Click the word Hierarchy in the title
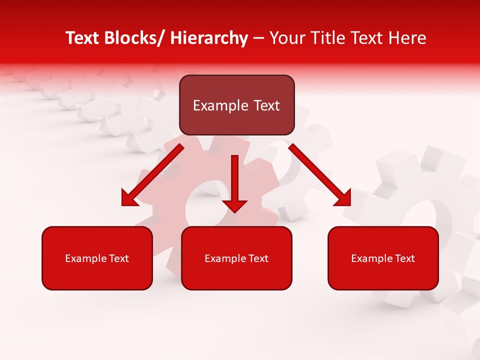[209, 38]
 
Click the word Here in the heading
[408, 38]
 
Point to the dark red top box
[236, 105]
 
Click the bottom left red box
[97, 258]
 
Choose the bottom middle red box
[236, 258]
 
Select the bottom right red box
[383, 258]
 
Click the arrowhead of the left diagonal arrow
[129, 198]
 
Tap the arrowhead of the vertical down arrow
[234, 205]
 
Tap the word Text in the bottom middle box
[257, 258]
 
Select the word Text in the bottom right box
[404, 258]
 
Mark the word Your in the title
[285, 38]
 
